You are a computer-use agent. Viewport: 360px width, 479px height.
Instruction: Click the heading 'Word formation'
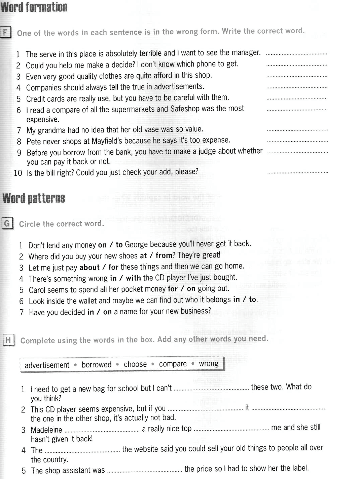(34, 7)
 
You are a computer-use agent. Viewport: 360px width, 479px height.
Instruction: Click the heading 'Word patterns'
(34, 198)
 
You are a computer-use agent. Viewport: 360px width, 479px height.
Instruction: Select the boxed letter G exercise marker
(7, 223)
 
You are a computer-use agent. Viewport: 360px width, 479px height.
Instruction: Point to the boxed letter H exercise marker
(8, 340)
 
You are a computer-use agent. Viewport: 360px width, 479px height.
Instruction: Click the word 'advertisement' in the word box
(47, 365)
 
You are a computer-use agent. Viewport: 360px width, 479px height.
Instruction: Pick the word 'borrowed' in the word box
(97, 365)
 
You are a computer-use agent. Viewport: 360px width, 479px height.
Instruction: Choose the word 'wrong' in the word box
(209, 364)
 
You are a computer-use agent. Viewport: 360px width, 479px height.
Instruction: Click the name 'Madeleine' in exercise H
(46, 430)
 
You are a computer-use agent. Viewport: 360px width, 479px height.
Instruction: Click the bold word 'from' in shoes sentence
(164, 255)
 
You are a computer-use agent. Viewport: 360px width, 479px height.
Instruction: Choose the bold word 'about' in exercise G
(89, 267)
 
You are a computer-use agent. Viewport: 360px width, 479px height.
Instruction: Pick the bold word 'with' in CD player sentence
(133, 278)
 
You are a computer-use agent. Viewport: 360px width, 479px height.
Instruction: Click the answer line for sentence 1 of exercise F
(296, 53)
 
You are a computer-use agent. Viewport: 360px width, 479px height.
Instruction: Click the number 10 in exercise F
(18, 173)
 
